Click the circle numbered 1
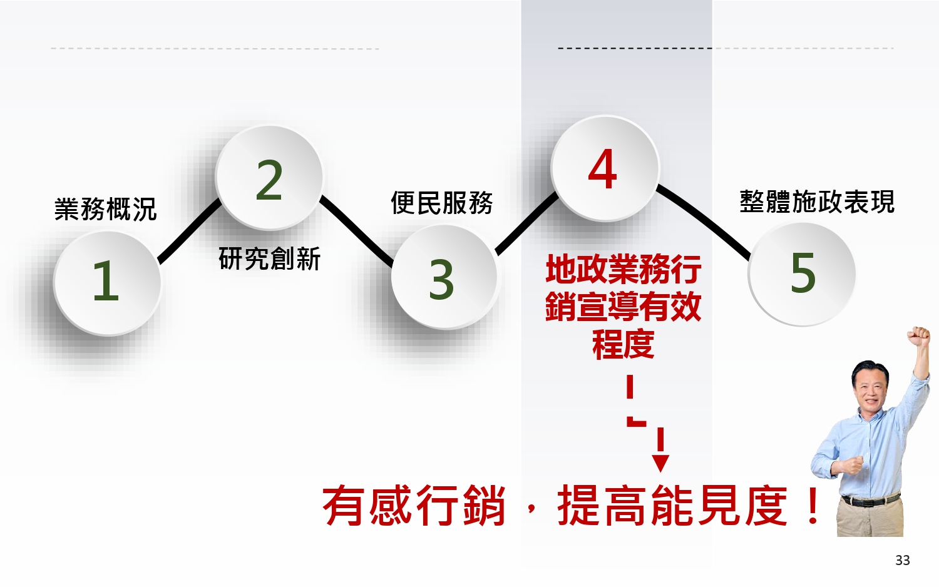[107, 282]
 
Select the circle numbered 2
[269, 178]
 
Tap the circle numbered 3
[443, 277]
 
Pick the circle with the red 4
[604, 168]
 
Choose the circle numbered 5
[802, 273]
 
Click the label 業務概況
[105, 209]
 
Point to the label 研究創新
[269, 258]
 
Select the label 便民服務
[442, 203]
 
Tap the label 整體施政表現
[817, 202]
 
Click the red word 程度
[623, 344]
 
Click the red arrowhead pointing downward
[660, 463]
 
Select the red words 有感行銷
[414, 506]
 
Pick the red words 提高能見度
[672, 506]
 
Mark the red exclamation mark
[813, 506]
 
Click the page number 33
[902, 560]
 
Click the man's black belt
[870, 500]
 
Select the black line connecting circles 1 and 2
[189, 230]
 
